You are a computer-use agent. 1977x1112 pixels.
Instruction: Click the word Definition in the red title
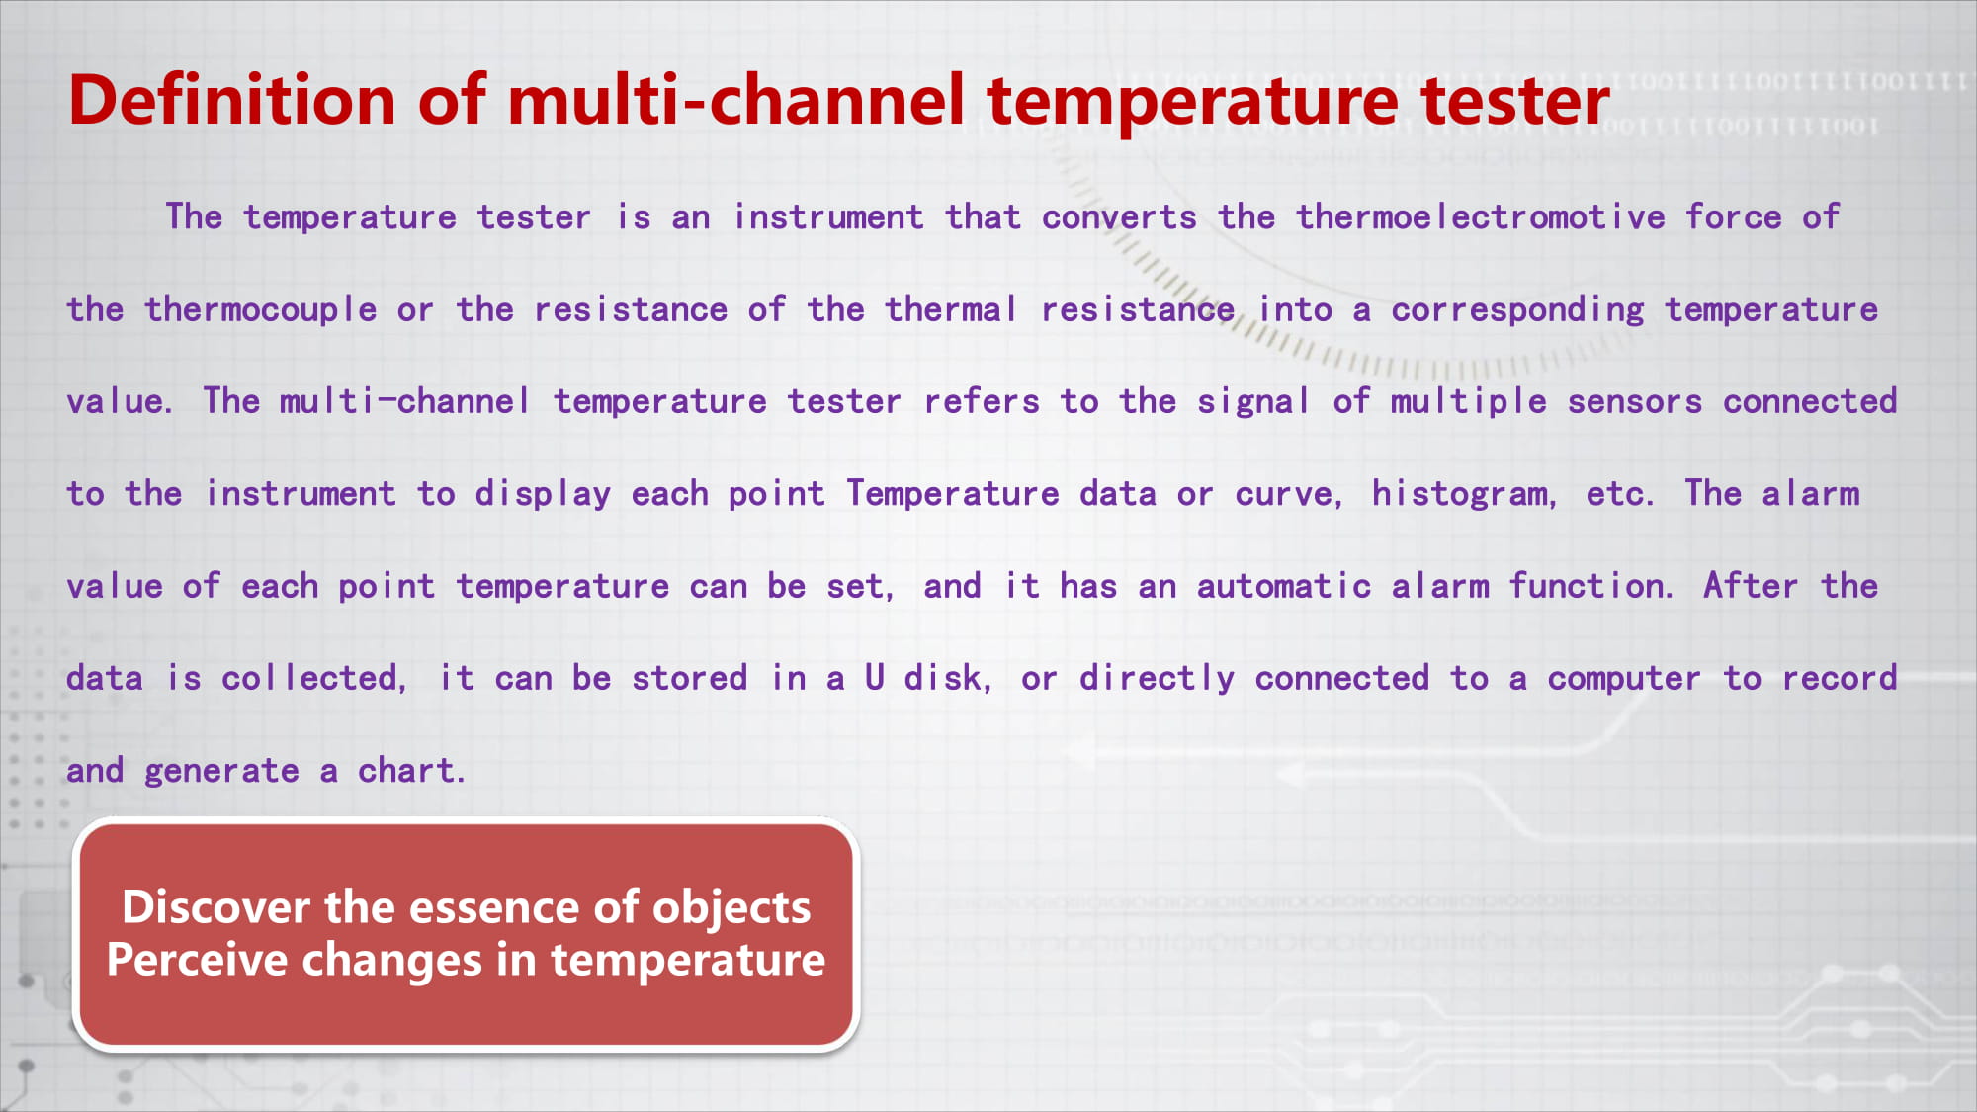click(x=232, y=100)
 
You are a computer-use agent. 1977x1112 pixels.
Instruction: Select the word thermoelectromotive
click(x=1481, y=216)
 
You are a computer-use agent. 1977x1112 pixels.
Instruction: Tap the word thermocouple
click(x=261, y=310)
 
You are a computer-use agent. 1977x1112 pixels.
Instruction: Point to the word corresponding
click(x=1517, y=310)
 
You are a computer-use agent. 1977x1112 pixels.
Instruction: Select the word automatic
click(x=1284, y=586)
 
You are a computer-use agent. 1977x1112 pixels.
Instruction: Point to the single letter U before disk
click(x=874, y=678)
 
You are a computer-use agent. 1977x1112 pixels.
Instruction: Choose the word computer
click(x=1624, y=679)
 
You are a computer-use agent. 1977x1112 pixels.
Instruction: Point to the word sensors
click(x=1635, y=402)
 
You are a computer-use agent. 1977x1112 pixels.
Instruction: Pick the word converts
click(x=1119, y=217)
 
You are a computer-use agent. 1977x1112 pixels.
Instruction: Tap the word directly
click(x=1157, y=679)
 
